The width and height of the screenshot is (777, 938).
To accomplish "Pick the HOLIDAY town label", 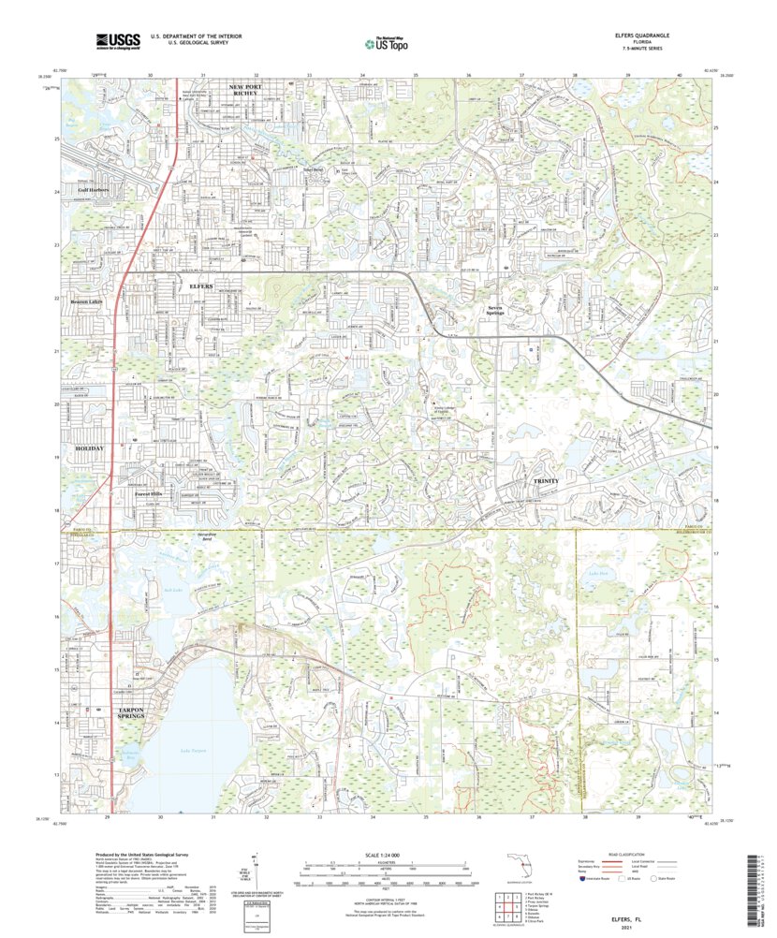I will (84, 448).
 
